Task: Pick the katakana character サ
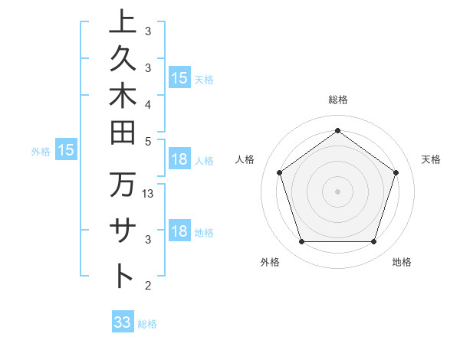coord(122,231)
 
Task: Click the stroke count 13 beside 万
coord(149,194)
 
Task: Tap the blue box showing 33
coord(123,322)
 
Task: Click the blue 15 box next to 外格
coord(65,150)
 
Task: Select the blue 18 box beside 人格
coord(179,159)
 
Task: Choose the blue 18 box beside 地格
coord(179,231)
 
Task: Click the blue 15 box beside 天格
coord(179,78)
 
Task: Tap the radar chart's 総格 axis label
coord(337,100)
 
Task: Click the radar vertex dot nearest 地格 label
coord(373,242)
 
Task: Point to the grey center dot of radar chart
coord(337,191)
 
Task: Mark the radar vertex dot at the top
coord(337,130)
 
